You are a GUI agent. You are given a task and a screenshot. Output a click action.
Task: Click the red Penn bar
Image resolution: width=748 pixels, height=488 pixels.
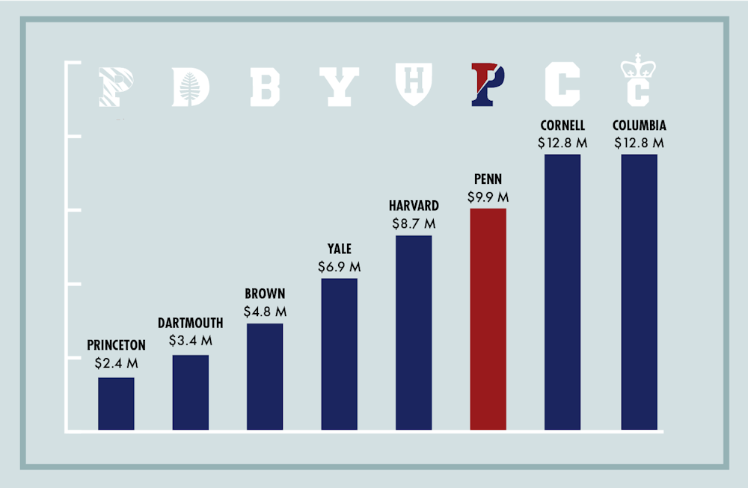(488, 319)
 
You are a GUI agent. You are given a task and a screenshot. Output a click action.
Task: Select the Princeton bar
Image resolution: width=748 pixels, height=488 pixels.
(116, 404)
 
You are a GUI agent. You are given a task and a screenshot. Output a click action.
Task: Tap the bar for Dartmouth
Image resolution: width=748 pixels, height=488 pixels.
(191, 392)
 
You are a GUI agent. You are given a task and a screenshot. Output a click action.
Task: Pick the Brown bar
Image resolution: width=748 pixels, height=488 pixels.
(265, 377)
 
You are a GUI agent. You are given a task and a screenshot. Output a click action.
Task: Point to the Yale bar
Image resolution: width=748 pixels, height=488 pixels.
(339, 354)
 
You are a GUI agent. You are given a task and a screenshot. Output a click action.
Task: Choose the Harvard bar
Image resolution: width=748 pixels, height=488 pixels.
(414, 333)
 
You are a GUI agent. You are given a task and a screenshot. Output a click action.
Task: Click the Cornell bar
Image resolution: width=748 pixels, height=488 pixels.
(562, 292)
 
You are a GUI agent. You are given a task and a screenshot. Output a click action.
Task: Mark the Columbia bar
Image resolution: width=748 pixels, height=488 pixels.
(639, 292)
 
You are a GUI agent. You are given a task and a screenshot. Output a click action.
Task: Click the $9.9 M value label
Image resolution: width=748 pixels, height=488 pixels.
(488, 197)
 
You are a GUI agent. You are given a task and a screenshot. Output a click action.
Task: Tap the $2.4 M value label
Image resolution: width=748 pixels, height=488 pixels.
(116, 364)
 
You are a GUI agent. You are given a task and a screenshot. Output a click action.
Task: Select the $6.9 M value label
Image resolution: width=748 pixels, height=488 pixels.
(339, 266)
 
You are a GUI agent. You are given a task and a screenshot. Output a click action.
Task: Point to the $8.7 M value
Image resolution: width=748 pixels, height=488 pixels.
(414, 223)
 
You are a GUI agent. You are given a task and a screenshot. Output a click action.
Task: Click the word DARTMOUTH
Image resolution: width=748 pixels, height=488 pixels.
(191, 324)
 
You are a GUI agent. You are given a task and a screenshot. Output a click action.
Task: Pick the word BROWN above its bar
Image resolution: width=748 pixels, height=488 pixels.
(265, 294)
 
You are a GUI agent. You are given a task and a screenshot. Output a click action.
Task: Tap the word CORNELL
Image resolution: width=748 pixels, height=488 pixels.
(562, 126)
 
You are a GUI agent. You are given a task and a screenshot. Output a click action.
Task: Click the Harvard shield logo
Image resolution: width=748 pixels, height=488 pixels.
(414, 84)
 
